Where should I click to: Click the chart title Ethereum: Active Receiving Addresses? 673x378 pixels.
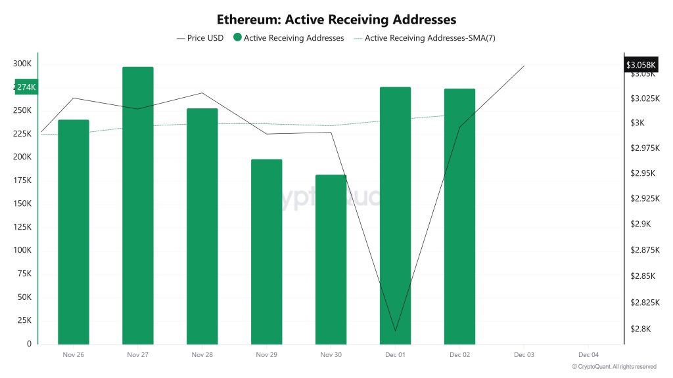(x=336, y=20)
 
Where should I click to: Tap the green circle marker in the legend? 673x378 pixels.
(x=237, y=38)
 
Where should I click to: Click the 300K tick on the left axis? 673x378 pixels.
(x=22, y=64)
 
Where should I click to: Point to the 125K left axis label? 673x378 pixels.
(x=22, y=227)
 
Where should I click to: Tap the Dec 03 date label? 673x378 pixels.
(x=524, y=354)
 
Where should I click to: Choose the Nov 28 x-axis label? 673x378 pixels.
(x=202, y=354)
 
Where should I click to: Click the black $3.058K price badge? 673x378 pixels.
(x=640, y=64)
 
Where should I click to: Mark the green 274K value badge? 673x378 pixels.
(x=26, y=87)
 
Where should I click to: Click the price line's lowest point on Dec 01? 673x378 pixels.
(x=395, y=331)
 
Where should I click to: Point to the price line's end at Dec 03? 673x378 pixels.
(x=524, y=66)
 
